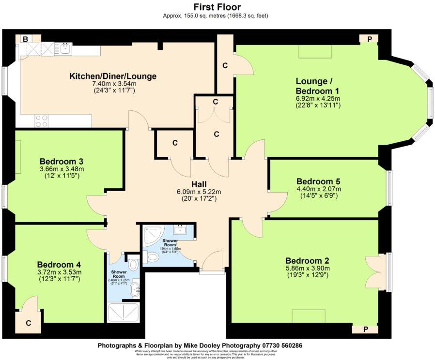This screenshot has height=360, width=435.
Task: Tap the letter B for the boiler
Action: click(24, 39)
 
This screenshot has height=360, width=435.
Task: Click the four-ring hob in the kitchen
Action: click(41, 120)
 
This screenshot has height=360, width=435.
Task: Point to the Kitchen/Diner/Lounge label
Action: click(113, 76)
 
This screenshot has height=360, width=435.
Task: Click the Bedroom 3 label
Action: click(62, 161)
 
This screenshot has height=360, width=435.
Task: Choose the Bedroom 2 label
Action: click(308, 259)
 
